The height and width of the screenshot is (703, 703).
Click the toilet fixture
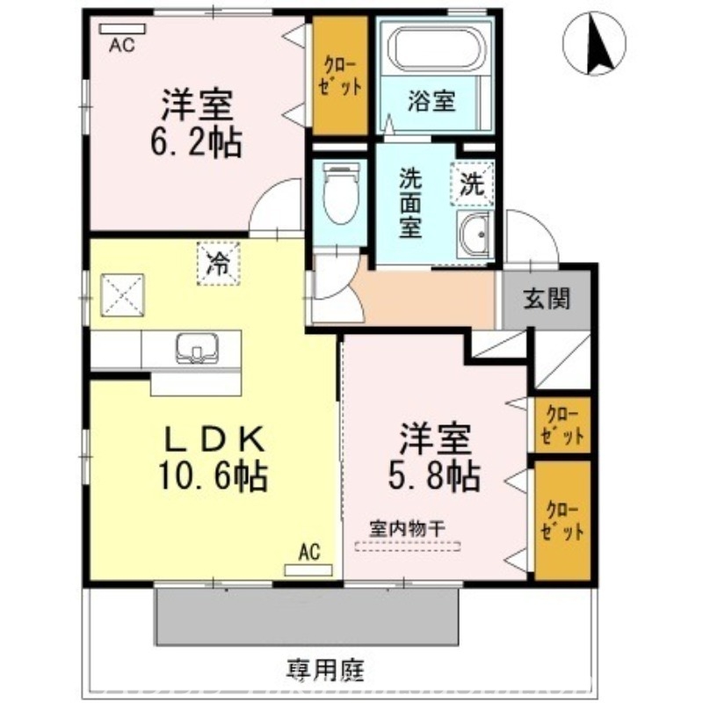(x=339, y=193)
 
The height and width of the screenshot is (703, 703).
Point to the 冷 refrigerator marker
(x=216, y=261)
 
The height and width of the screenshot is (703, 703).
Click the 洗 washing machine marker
(x=473, y=185)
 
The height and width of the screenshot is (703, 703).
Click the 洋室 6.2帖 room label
(x=199, y=123)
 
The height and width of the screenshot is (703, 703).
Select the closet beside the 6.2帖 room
(x=339, y=77)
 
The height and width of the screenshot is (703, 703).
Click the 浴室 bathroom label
(x=431, y=101)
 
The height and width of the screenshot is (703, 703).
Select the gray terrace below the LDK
(x=308, y=615)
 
